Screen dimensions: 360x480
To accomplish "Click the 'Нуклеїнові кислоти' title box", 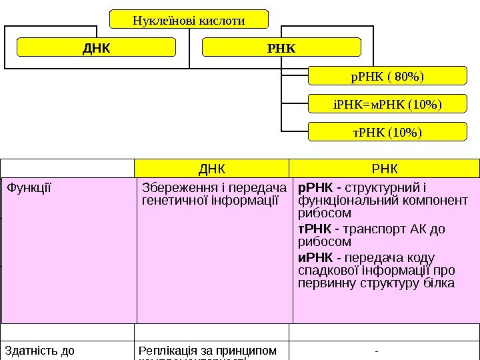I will (189, 20).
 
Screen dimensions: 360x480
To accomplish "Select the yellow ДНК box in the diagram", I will (96, 48).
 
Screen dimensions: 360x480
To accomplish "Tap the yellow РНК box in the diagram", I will (281, 48).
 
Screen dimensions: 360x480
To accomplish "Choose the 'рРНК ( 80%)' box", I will (387, 76).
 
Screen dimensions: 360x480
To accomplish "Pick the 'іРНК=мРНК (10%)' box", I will (387, 104).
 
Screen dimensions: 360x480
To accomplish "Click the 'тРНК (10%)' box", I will (387, 131).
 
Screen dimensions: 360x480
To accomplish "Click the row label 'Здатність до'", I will (39, 350).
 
